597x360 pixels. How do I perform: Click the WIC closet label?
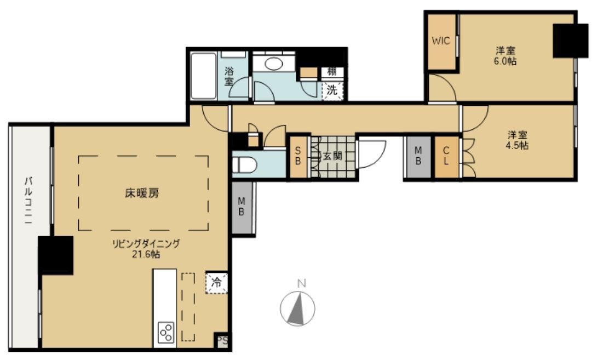(x=441, y=41)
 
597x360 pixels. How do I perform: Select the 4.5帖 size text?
(x=517, y=146)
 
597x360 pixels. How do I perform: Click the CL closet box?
(x=446, y=157)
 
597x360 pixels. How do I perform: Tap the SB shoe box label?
(x=298, y=157)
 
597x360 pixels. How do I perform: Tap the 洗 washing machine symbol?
(x=332, y=90)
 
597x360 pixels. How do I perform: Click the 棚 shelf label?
(x=332, y=71)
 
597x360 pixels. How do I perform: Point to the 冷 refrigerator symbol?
(x=217, y=283)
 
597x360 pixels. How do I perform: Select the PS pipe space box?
(x=222, y=340)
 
